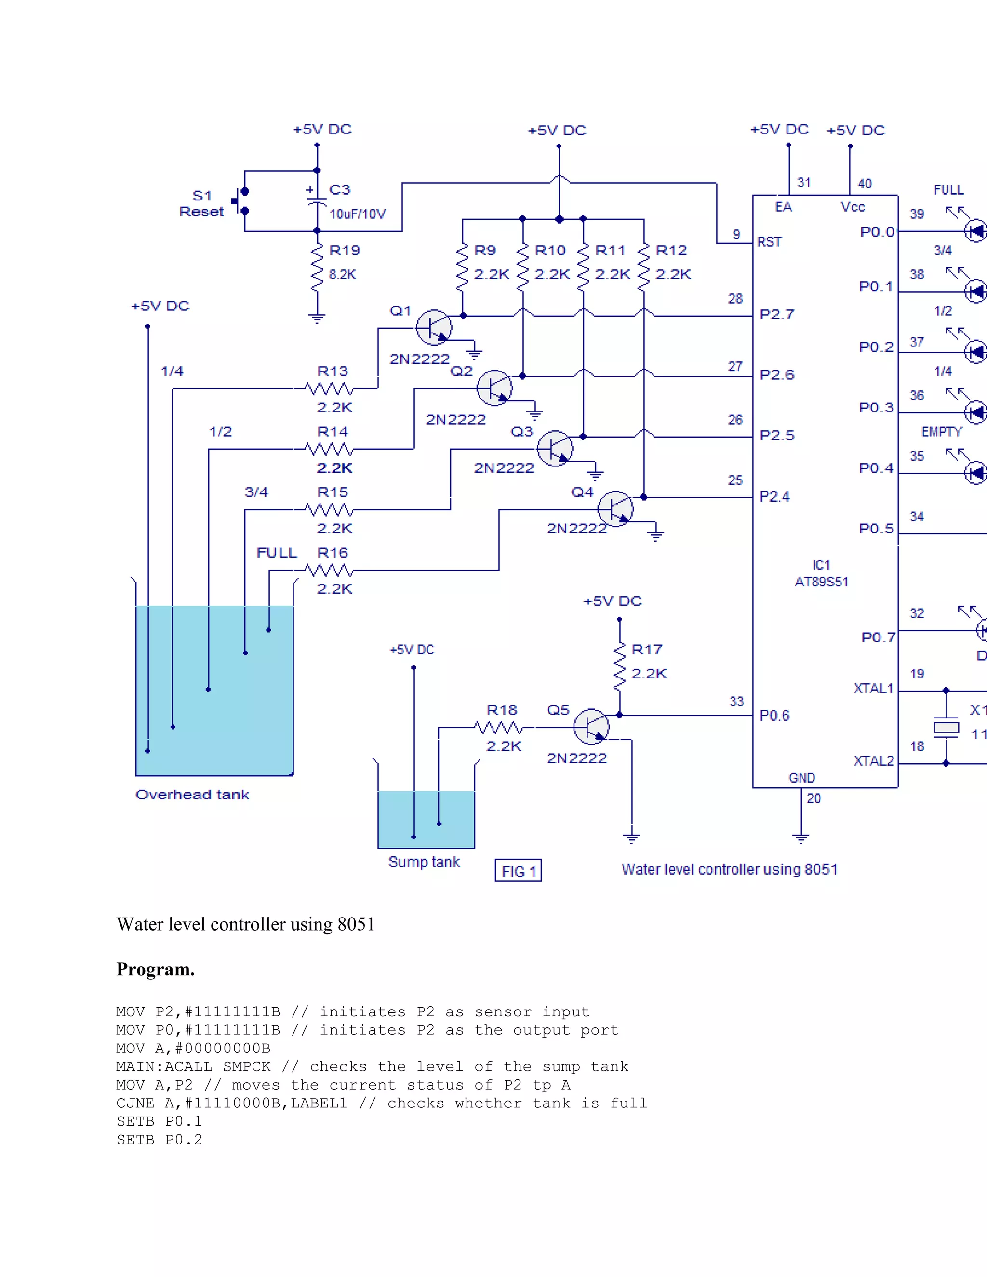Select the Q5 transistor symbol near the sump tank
(591, 727)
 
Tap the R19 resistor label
(345, 250)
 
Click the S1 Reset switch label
(201, 203)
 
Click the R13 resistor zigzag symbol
(329, 389)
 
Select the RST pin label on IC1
(769, 242)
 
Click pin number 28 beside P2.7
(735, 299)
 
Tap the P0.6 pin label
(774, 716)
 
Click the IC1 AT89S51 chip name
(821, 573)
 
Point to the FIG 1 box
(518, 871)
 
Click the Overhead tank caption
(192, 795)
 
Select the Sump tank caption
(424, 862)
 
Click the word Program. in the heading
(156, 970)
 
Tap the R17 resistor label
(647, 650)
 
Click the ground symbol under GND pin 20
(800, 838)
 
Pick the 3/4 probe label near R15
(256, 492)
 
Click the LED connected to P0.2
(975, 352)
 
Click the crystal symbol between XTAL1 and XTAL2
(946, 727)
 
